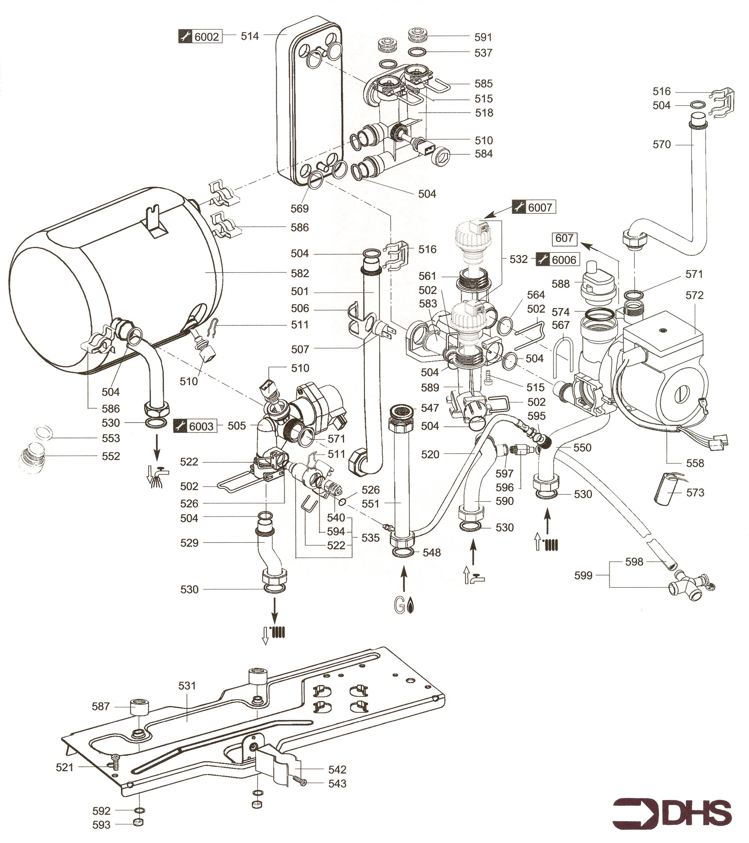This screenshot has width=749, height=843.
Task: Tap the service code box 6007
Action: (534, 207)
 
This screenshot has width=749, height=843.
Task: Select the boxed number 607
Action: (564, 238)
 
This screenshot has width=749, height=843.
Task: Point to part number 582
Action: (300, 274)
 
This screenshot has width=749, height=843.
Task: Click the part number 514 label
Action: (250, 36)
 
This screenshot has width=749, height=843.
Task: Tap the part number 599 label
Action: (584, 575)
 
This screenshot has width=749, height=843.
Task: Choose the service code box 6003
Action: (195, 426)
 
